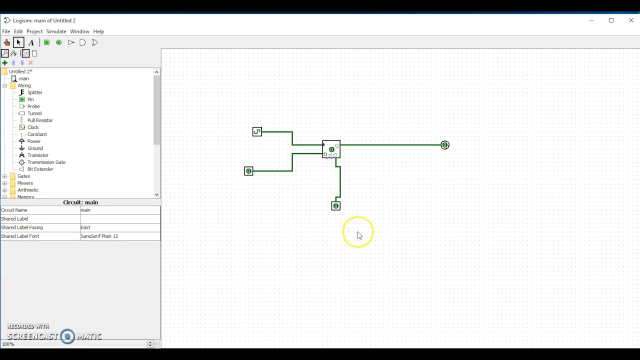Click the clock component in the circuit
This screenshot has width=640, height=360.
point(257,131)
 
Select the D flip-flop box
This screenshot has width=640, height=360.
point(331,149)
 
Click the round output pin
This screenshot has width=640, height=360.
point(445,145)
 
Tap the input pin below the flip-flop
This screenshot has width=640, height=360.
point(336,206)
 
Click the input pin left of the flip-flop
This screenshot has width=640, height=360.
point(248,171)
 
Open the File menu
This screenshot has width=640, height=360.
point(6,31)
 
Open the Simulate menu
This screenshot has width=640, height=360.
point(56,31)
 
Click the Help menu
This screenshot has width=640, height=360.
point(98,31)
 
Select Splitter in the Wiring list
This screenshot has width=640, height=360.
point(34,92)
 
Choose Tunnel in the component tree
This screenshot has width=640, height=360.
point(34,113)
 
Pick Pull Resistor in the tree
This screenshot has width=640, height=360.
point(39,120)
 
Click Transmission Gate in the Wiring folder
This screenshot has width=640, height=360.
point(46,162)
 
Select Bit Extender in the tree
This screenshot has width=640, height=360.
point(40,169)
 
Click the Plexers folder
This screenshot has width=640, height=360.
point(25,183)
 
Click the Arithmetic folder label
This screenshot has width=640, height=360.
point(27,190)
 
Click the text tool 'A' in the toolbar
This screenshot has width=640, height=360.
point(31,42)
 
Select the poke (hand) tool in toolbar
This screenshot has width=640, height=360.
point(6,42)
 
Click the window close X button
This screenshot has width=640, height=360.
point(631,20)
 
